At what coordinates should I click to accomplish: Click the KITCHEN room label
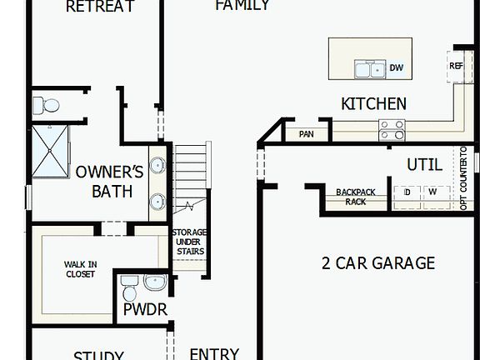click(x=373, y=104)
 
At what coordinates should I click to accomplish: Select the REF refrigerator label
click(x=456, y=66)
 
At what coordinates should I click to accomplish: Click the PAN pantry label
click(x=306, y=133)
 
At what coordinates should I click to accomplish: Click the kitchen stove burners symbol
click(x=392, y=129)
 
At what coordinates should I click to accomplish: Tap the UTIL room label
click(x=424, y=164)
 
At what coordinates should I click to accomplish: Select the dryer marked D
click(x=407, y=192)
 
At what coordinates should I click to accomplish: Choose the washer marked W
click(x=432, y=192)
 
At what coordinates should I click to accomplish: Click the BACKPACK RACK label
click(x=357, y=197)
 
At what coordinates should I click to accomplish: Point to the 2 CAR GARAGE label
click(x=377, y=263)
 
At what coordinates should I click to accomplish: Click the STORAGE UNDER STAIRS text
click(x=189, y=242)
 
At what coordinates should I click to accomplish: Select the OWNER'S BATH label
click(x=110, y=182)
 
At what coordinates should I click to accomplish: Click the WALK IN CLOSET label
click(x=80, y=268)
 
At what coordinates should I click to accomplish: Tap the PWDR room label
click(x=145, y=310)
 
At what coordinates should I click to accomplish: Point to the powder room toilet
click(x=129, y=287)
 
